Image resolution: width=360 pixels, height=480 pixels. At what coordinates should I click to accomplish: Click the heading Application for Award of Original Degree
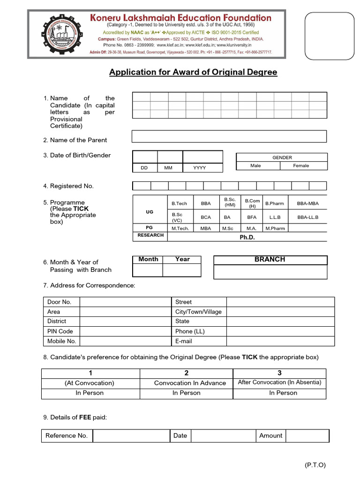193,72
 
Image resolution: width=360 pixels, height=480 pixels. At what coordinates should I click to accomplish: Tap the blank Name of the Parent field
229,136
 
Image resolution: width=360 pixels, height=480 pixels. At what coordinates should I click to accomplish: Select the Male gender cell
255,166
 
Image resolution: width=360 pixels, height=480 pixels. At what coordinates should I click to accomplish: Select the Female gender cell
301,166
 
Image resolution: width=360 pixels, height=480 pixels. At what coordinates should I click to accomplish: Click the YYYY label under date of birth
200,168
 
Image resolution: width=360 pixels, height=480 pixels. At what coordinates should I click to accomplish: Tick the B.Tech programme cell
179,203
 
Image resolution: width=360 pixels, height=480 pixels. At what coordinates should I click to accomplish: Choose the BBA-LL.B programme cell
307,217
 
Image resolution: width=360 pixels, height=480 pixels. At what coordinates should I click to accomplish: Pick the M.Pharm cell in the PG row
275,228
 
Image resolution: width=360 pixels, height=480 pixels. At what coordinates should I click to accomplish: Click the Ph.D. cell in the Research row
247,237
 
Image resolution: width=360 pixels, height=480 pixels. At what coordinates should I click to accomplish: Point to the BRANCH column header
270,259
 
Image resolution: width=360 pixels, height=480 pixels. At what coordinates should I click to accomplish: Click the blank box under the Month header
148,270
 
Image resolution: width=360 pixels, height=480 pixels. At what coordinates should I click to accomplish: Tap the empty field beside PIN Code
125,331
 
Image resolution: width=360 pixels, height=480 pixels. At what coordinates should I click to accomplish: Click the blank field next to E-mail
280,341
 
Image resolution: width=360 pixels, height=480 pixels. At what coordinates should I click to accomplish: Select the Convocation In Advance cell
190,383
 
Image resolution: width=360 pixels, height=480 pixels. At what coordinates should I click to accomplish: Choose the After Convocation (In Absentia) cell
279,382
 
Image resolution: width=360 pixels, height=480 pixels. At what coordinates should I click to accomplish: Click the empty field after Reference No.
131,436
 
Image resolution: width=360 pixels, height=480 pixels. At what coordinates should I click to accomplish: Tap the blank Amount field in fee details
307,436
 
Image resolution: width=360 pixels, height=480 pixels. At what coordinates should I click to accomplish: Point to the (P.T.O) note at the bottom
315,465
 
